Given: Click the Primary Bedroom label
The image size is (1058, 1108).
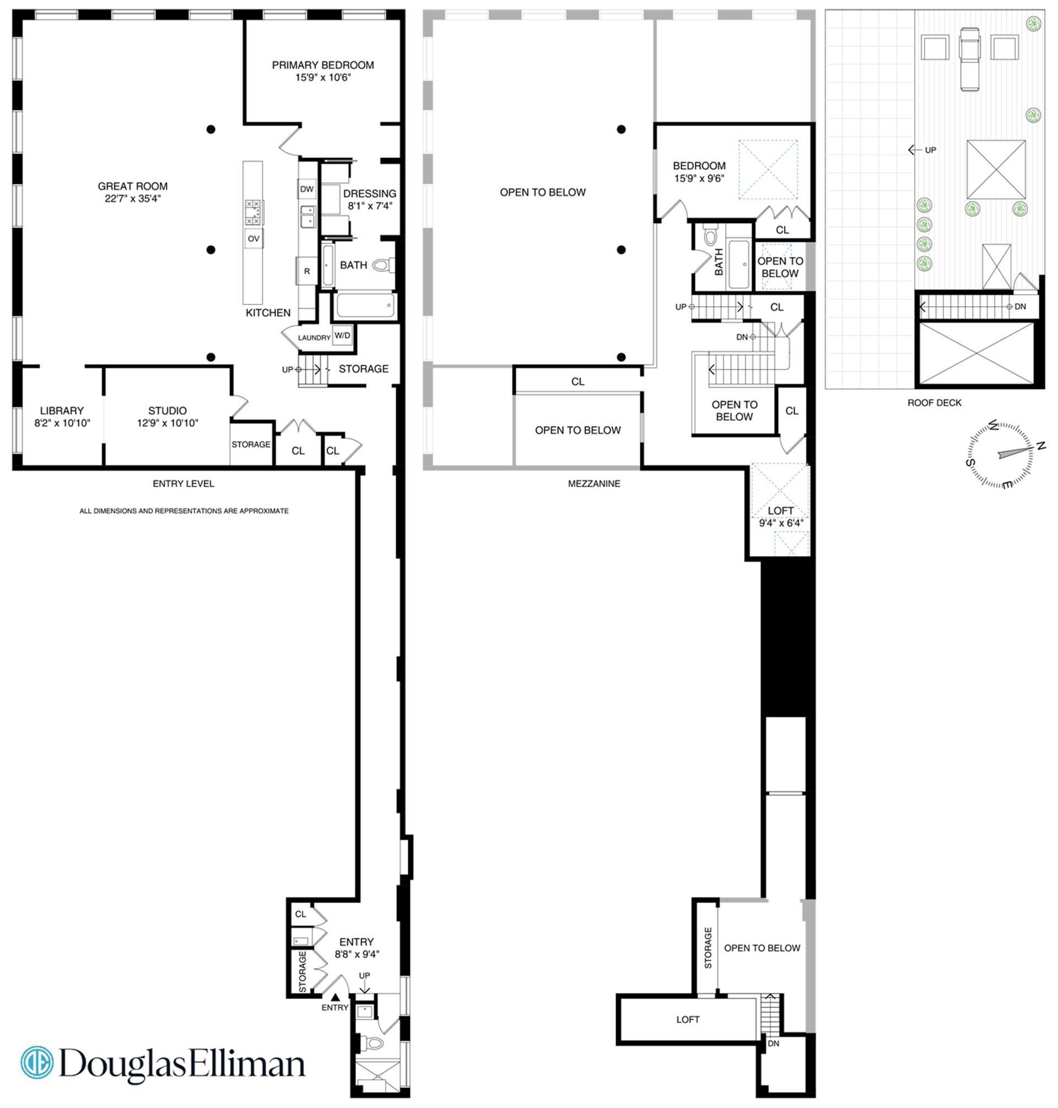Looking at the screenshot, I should [322, 66].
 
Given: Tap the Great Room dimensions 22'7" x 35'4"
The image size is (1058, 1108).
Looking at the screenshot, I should [133, 198].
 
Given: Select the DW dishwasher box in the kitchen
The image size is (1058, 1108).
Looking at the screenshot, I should [307, 189].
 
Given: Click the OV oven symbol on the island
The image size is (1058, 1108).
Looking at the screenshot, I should [254, 239].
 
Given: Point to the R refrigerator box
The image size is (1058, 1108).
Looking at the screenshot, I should [307, 271].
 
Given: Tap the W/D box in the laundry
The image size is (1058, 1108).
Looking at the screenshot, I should [342, 336].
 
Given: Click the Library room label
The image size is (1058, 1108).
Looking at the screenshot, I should [62, 411].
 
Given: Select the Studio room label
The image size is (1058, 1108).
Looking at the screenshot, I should [168, 411].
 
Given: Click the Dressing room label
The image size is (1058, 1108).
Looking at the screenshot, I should [369, 193].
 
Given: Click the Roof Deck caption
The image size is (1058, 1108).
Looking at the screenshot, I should [934, 403].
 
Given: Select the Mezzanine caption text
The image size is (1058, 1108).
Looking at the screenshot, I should [594, 484].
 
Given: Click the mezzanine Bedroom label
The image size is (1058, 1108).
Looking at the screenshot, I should [699, 166].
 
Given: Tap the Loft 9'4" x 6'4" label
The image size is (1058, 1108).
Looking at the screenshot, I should [780, 517].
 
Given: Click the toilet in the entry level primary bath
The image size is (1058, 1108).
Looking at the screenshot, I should [384, 265].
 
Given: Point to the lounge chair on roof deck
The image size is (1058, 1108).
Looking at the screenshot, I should [969, 58].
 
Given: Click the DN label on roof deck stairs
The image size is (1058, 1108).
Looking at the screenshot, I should [1019, 307].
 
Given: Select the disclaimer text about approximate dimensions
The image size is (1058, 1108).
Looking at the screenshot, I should [184, 511].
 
